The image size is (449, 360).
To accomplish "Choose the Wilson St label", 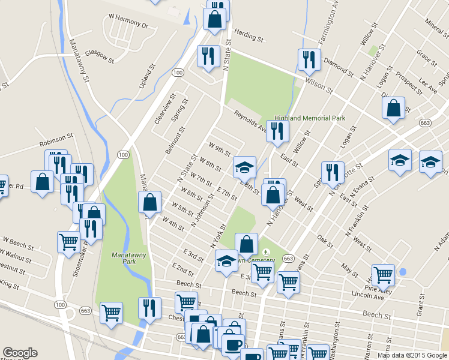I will tap(318, 83).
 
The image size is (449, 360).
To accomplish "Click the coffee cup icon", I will tap(232, 344).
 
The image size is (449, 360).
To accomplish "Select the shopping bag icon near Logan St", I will tap(393, 108).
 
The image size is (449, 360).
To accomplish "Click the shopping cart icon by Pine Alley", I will tap(383, 275).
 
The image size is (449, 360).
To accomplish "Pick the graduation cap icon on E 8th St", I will tap(244, 166).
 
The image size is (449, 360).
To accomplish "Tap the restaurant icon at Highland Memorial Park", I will tap(276, 131).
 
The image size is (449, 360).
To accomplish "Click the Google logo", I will tap(20, 353).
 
